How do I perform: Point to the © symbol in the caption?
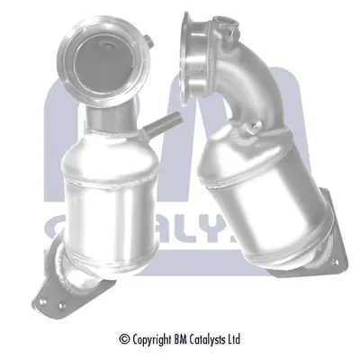tap(125, 339)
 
